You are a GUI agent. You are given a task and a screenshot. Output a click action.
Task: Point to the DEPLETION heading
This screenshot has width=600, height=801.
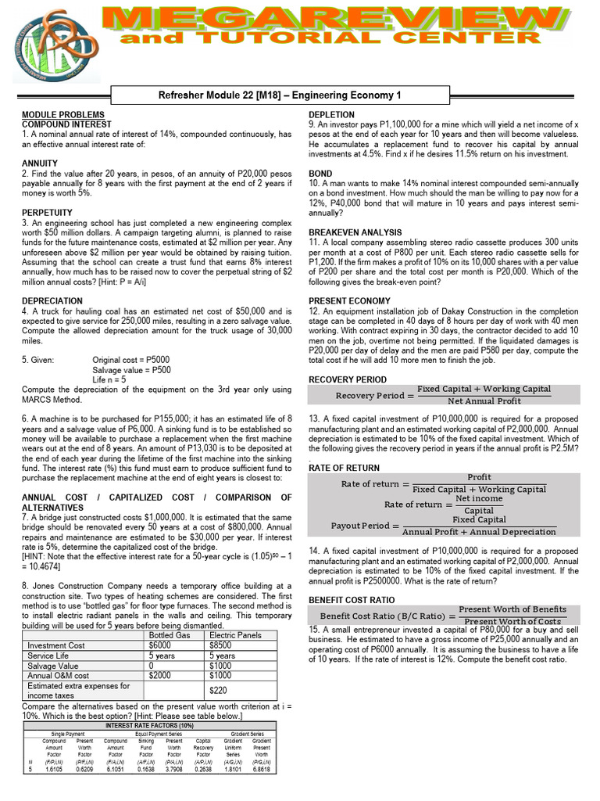[x=331, y=115]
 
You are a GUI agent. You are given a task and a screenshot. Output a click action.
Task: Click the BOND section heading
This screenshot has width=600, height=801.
[x=320, y=174]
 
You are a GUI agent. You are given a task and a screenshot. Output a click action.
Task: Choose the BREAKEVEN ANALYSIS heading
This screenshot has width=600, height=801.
[x=355, y=232]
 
